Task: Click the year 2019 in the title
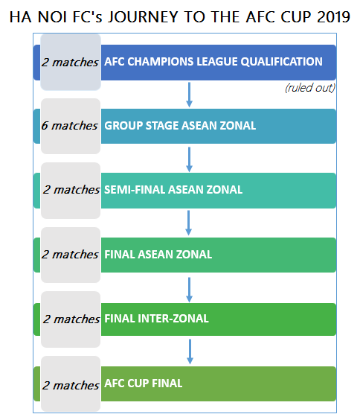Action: tap(333, 17)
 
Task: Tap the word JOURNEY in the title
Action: tap(143, 17)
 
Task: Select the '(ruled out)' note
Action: tap(310, 88)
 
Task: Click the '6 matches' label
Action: tap(69, 126)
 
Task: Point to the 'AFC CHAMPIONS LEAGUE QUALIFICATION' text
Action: tap(213, 62)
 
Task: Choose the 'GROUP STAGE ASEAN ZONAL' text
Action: tap(180, 126)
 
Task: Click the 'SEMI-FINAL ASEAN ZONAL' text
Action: tap(173, 190)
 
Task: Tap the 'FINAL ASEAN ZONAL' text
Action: tap(158, 255)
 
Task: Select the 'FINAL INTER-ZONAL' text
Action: tap(156, 319)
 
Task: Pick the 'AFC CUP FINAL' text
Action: tap(144, 383)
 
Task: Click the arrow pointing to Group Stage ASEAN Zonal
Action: tap(189, 95)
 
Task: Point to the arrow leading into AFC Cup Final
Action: tap(190, 351)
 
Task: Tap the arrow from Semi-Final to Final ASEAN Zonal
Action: tap(189, 223)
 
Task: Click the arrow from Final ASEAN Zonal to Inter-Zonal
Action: tap(189, 290)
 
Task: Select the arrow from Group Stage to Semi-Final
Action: tap(189, 159)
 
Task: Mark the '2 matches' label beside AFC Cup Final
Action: tap(71, 386)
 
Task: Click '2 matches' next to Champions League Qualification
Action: tap(70, 63)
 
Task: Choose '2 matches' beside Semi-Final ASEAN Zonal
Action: tap(71, 190)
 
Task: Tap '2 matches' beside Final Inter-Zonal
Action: tap(71, 319)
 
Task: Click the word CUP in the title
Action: tap(296, 17)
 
